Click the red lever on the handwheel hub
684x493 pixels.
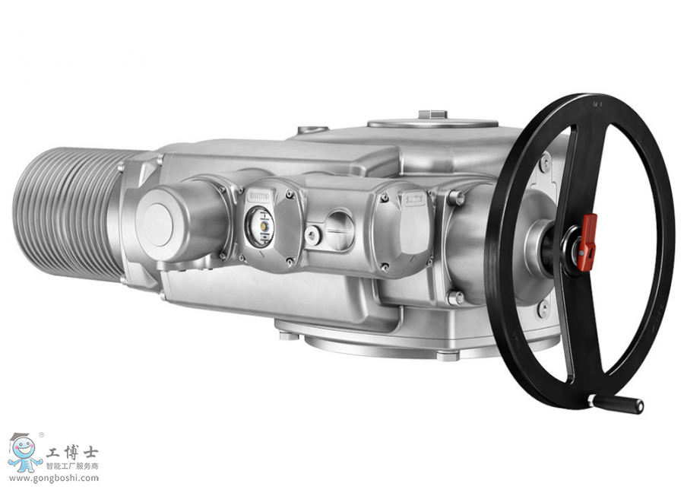[x=587, y=241]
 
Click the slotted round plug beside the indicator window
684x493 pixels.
[x=337, y=227]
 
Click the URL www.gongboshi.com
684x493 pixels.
[x=52, y=478]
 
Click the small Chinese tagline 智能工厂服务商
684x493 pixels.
[x=72, y=466]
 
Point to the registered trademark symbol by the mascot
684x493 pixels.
[x=42, y=435]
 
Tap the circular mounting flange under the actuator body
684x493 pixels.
[x=395, y=340]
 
